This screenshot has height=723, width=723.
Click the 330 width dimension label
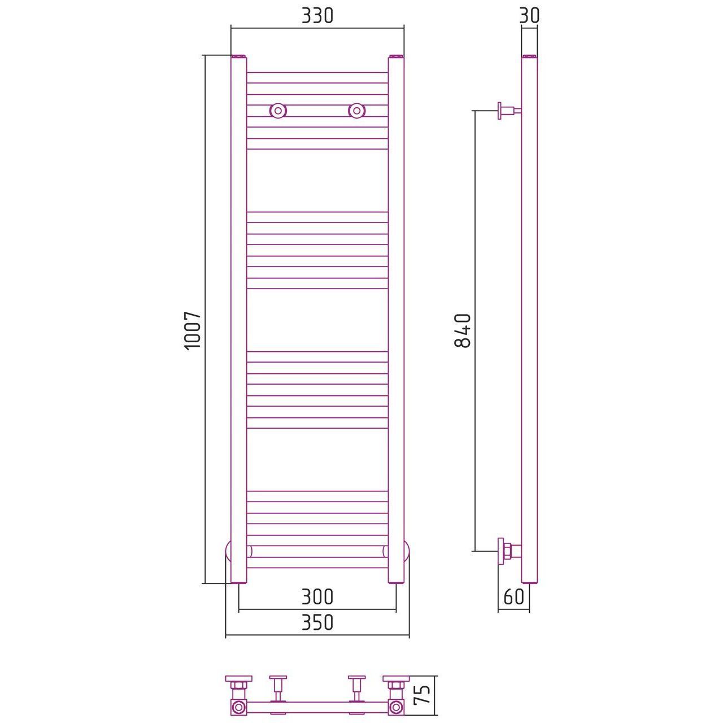(317, 16)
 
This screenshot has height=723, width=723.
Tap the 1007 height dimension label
(194, 330)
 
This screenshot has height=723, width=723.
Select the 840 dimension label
(462, 330)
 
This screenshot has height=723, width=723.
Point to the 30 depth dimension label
(529, 15)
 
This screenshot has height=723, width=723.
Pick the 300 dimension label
(317, 596)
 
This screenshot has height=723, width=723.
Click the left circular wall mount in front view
(278, 111)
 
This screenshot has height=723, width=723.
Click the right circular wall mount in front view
(357, 111)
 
